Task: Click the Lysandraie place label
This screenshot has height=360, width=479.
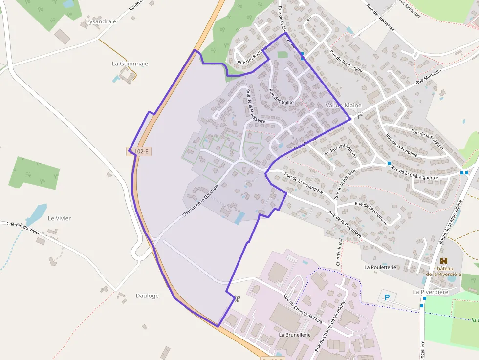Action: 101,21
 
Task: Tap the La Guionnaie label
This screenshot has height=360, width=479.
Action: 130,64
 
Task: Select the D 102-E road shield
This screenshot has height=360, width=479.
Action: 139,151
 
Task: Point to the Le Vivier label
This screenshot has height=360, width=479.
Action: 59,218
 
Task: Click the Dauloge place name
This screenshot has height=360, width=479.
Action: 147,296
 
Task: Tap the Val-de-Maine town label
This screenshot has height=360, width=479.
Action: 342,105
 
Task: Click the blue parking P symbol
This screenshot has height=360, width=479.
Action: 388,297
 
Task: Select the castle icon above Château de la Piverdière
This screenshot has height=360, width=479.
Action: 444,261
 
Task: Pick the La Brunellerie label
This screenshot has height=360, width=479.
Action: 295,335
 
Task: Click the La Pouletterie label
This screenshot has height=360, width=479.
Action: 380,267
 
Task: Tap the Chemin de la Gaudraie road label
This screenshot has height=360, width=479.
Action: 200,197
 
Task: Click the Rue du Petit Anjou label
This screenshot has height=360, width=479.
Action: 346,62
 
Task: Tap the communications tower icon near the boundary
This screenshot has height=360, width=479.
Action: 237,298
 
